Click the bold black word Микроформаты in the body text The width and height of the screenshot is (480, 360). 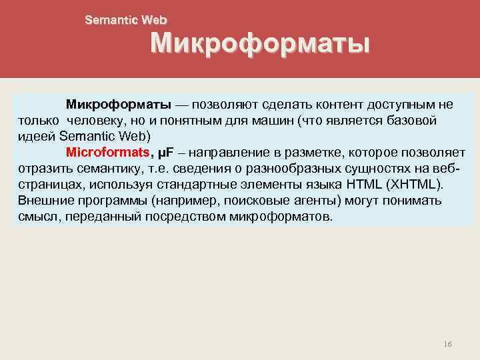click(x=119, y=105)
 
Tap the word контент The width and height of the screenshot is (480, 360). click(x=333, y=105)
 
